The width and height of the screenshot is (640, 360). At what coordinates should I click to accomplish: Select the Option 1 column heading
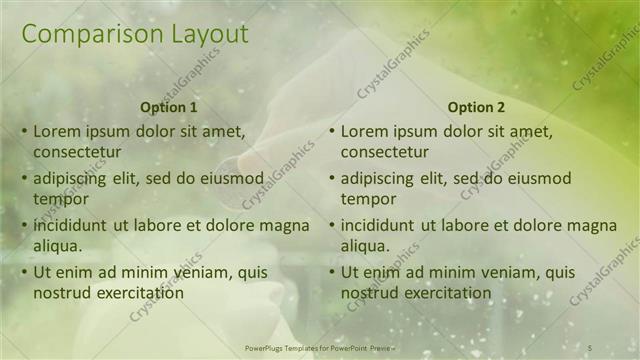click(169, 107)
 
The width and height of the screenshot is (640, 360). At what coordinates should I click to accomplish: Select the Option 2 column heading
click(477, 107)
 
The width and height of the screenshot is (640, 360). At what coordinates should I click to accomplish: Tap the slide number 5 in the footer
click(591, 346)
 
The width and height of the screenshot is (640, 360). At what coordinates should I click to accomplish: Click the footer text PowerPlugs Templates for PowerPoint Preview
click(319, 346)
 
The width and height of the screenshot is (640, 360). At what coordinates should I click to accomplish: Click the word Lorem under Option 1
click(57, 130)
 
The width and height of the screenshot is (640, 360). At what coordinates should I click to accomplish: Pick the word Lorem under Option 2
click(365, 130)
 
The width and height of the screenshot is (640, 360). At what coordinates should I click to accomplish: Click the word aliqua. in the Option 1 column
click(58, 245)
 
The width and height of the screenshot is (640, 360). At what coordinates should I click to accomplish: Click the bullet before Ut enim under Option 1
click(24, 272)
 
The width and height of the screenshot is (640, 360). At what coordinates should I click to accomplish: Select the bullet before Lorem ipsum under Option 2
click(332, 131)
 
